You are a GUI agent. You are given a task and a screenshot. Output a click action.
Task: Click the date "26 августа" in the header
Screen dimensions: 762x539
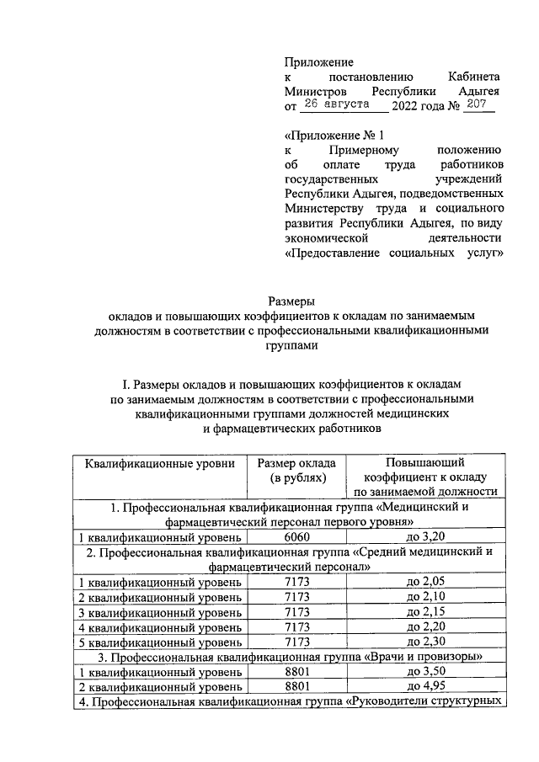(336, 104)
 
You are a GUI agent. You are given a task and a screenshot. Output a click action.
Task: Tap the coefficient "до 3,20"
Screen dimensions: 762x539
(425, 536)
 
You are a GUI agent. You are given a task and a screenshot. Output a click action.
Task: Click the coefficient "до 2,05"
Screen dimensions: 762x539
(425, 582)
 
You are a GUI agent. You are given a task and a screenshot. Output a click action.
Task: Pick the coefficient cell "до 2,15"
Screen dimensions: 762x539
(425, 612)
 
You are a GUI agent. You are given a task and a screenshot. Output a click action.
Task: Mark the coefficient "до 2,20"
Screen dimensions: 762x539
(425, 627)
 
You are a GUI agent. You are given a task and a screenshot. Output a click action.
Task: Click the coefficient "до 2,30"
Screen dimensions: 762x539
(425, 642)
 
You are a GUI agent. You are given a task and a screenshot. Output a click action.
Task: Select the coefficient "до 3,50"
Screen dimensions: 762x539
(425, 672)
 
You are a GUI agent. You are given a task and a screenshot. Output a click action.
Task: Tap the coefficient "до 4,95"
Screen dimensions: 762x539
(425, 687)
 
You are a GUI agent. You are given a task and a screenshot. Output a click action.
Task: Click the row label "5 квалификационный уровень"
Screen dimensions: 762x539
(159, 642)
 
